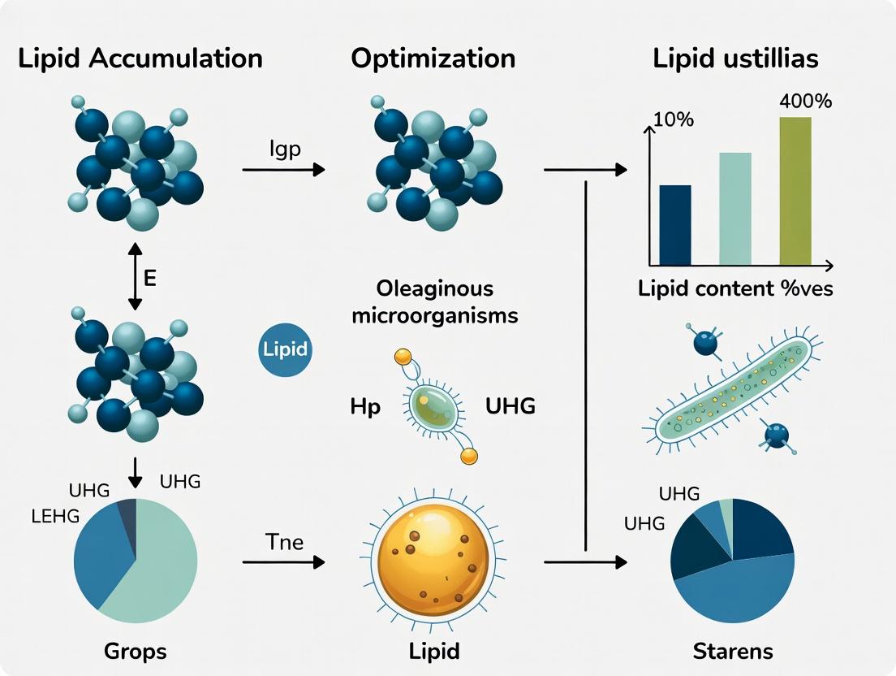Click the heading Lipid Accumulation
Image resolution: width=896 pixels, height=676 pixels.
point(140,59)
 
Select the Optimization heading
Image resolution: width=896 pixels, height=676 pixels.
point(433,59)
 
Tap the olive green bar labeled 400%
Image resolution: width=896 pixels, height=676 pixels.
point(795,191)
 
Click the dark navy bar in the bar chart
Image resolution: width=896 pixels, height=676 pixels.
point(675,225)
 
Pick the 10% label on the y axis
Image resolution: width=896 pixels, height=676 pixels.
point(674,119)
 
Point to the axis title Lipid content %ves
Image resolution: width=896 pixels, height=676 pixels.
point(735,288)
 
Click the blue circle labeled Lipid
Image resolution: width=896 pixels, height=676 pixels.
point(285,349)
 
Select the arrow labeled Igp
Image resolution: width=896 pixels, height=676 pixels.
point(283,170)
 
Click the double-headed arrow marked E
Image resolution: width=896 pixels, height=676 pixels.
point(135,276)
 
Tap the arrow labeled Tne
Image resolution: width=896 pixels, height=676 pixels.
point(283,562)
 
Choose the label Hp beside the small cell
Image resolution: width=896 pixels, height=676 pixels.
point(365,407)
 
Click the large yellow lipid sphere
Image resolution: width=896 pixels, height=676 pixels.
point(434,557)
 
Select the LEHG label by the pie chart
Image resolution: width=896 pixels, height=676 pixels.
point(55,517)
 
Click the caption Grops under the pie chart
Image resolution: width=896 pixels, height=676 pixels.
point(136,651)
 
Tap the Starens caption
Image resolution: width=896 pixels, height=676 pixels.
point(733,651)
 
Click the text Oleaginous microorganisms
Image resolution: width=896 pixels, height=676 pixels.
point(434,301)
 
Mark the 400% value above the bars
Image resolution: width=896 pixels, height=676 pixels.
point(806,102)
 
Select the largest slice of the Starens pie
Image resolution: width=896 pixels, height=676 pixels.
point(737,589)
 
